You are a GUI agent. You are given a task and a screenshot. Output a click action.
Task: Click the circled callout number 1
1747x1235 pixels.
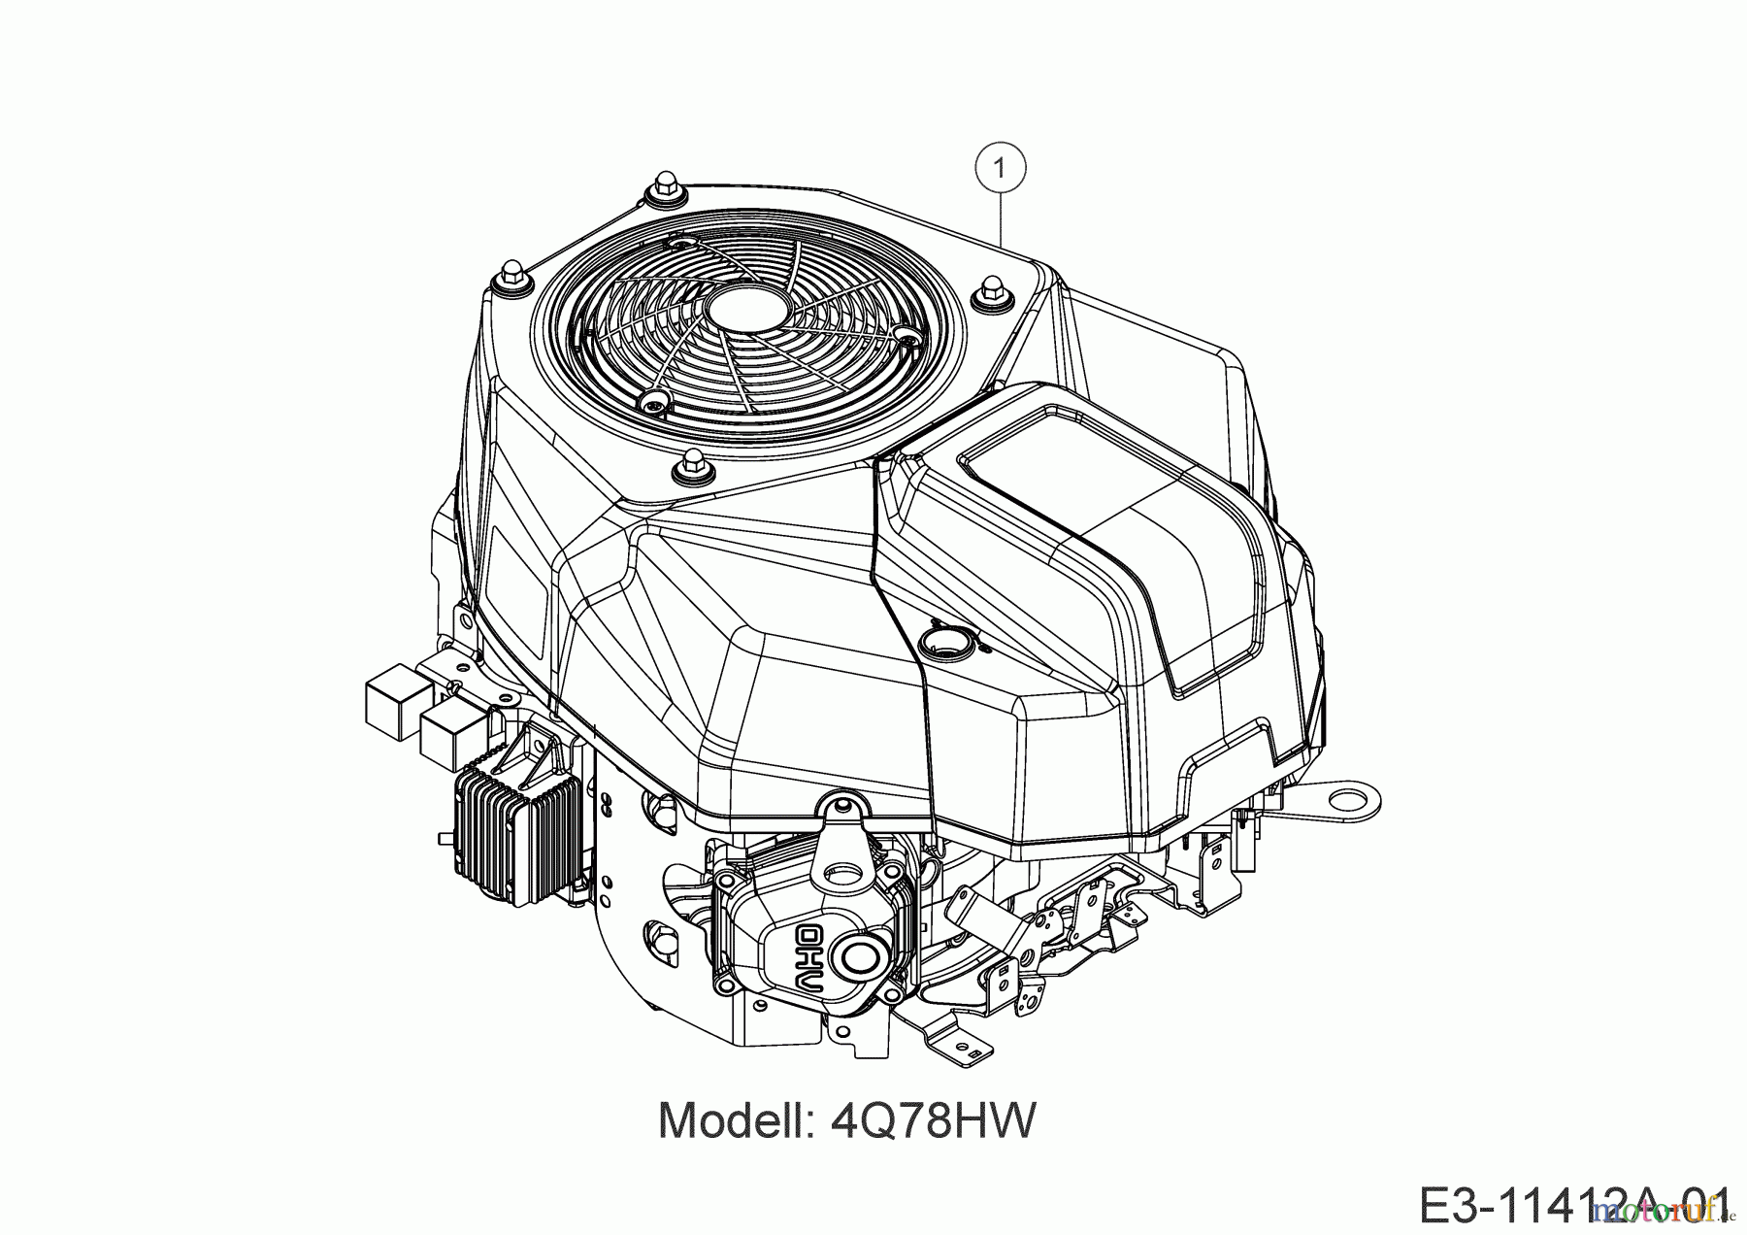[x=1000, y=169]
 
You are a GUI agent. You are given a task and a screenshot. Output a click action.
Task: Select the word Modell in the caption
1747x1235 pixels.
[x=737, y=1120]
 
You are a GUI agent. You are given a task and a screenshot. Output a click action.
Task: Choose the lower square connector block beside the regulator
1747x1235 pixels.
[x=452, y=730]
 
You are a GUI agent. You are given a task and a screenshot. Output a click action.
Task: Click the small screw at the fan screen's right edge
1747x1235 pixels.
[x=906, y=336]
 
